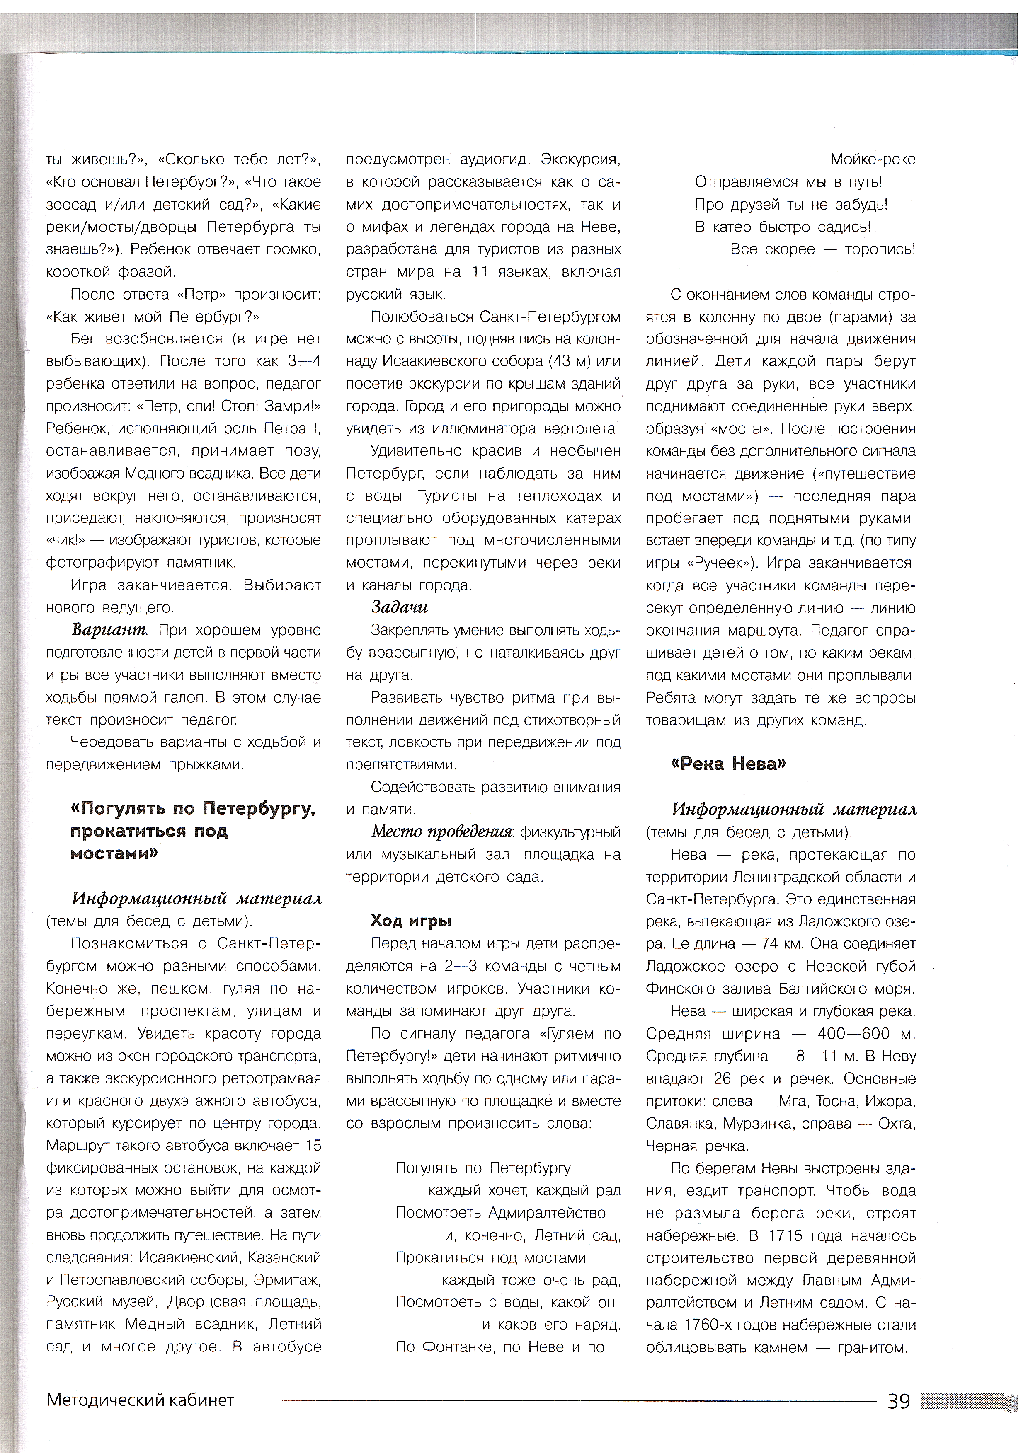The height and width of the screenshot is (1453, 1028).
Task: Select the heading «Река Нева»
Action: [728, 764]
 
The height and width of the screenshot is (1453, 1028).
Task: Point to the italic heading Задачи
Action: [400, 607]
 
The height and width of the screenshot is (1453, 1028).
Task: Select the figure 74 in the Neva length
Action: [769, 943]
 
